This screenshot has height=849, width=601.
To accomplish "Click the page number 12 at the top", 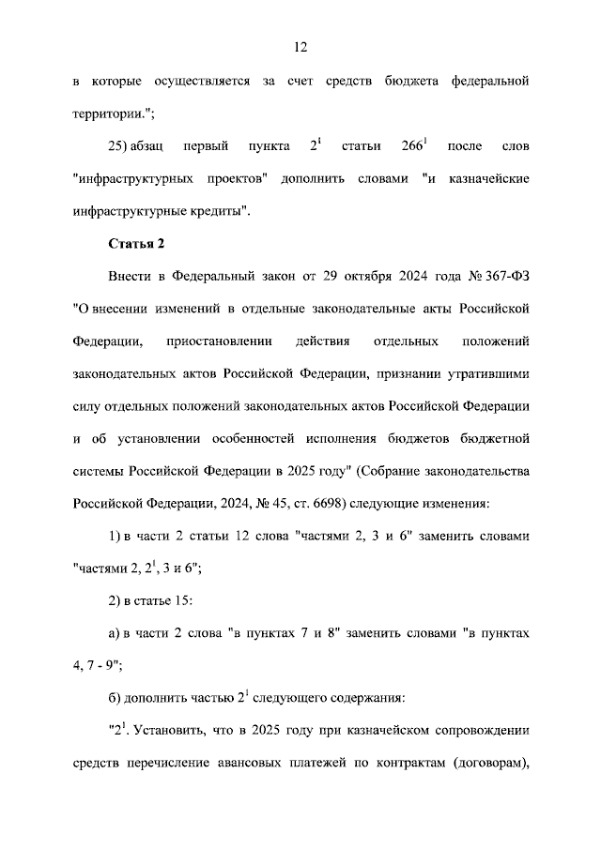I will coord(300,47).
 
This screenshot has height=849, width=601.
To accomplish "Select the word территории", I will coord(112,113).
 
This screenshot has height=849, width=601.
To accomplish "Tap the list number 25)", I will coord(125,146).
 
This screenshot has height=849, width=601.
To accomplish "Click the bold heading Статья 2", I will coord(137,244).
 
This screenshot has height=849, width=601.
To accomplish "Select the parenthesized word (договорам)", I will coord(481,761).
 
